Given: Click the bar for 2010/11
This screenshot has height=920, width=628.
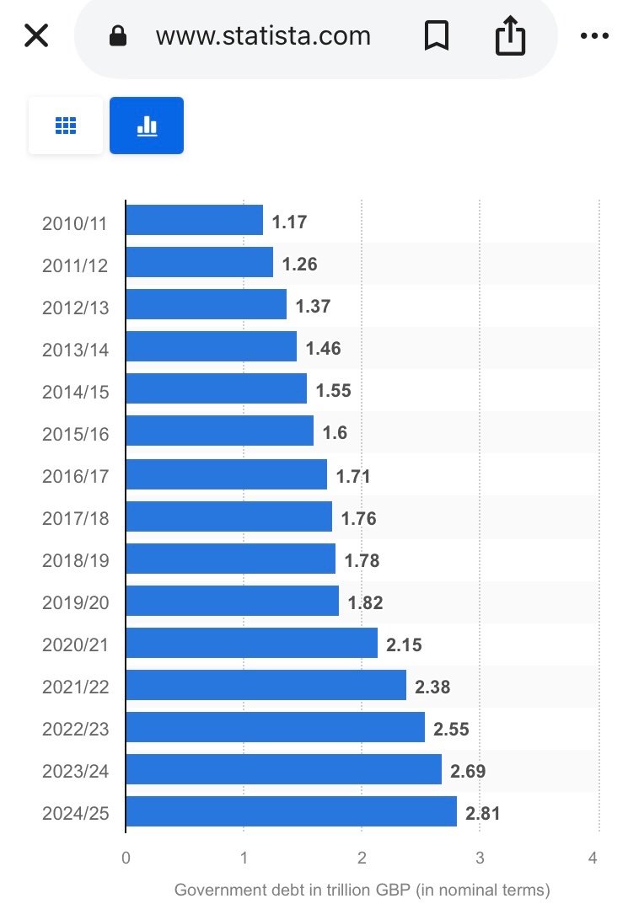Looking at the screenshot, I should click(x=194, y=221).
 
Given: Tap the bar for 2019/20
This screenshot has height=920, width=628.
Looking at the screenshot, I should click(x=232, y=602).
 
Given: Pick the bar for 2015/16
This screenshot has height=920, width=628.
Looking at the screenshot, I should click(x=219, y=432).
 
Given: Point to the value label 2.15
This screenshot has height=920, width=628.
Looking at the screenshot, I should click(x=404, y=645).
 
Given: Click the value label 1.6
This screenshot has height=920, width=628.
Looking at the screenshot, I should click(x=335, y=433).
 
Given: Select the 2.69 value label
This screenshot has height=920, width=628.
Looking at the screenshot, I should click(x=468, y=771).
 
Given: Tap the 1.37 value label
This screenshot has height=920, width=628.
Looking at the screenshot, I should click(x=313, y=306).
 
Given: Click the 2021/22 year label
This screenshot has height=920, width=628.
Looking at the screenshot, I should click(x=76, y=687).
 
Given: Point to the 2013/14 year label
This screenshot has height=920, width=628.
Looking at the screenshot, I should click(x=76, y=349).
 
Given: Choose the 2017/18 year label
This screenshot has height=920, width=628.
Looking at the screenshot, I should click(x=76, y=518).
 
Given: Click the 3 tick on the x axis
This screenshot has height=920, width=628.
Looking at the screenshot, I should click(x=479, y=858).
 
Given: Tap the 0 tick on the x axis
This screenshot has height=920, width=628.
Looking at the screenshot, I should click(x=126, y=858).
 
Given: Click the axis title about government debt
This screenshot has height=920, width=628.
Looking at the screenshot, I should click(x=362, y=890).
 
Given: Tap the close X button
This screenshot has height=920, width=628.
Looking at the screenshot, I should click(x=36, y=36).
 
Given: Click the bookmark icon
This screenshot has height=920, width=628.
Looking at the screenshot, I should click(x=436, y=36).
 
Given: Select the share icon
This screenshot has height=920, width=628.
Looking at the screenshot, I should click(x=510, y=36).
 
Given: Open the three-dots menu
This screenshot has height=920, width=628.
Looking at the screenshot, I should click(x=595, y=36).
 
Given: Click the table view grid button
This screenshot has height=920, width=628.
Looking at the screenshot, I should click(x=66, y=126).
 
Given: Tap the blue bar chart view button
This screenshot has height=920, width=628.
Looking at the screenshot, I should click(x=147, y=126).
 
